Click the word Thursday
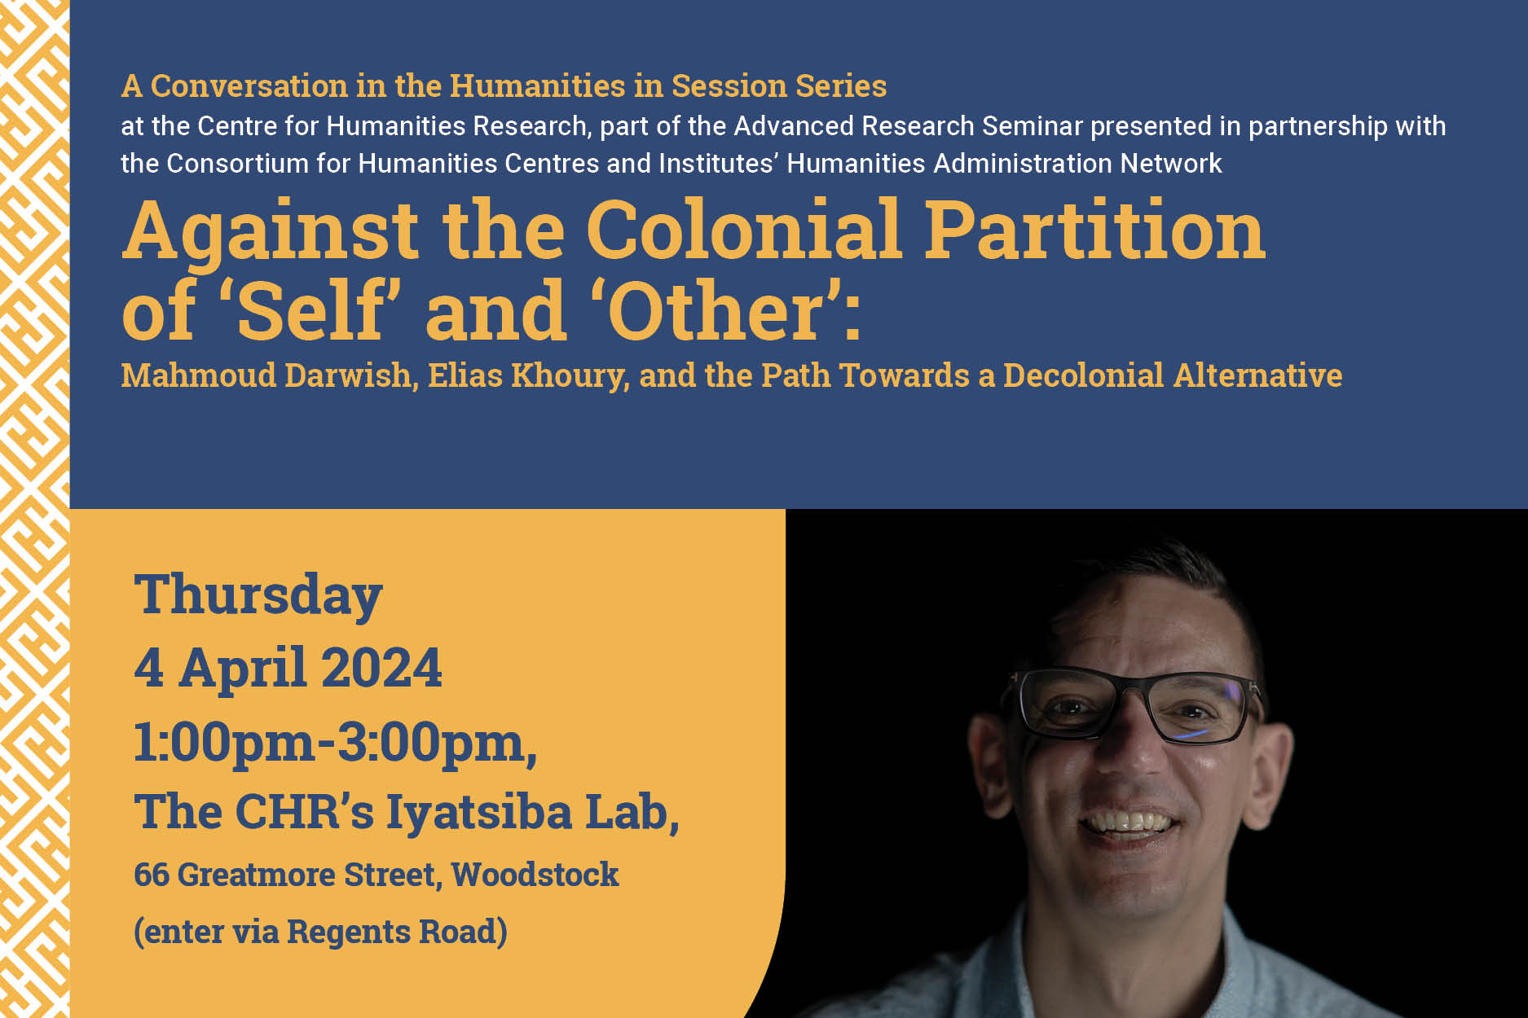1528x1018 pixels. [x=258, y=595]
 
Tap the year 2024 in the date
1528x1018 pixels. [x=381, y=668]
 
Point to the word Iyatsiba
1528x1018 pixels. [x=479, y=814]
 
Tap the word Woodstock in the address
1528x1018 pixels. [x=535, y=875]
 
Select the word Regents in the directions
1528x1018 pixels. [x=348, y=932]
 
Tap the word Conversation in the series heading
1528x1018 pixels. [x=249, y=86]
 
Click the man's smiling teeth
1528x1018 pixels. [x=1129, y=821]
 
